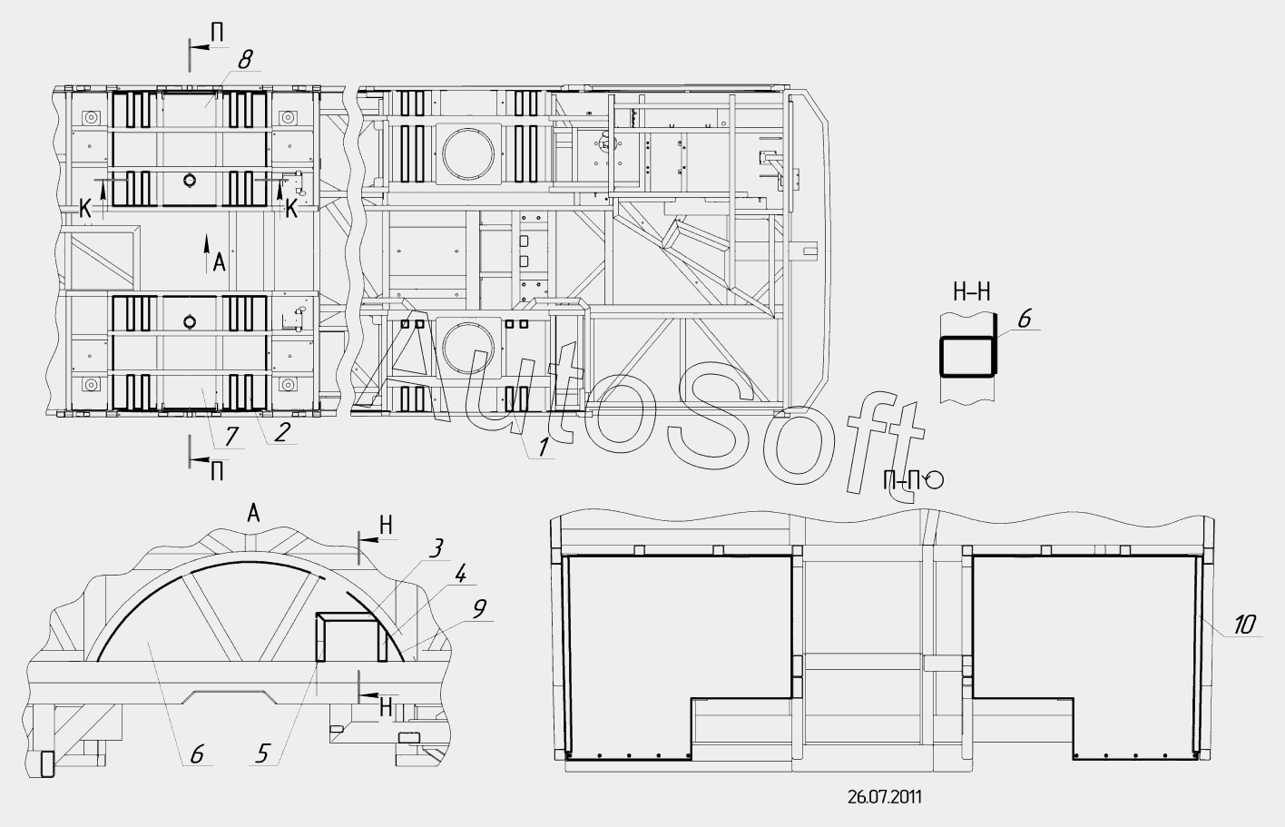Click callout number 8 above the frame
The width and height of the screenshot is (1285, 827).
(x=245, y=59)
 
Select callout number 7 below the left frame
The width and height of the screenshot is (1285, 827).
(x=231, y=437)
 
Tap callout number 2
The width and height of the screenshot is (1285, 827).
(x=280, y=432)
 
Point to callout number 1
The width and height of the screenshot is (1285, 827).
(x=542, y=448)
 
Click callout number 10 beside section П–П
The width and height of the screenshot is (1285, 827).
(x=1244, y=625)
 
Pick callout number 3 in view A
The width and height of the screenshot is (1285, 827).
(x=436, y=548)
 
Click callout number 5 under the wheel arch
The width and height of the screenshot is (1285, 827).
(x=262, y=753)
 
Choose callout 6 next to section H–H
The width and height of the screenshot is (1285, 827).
(x=1025, y=320)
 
